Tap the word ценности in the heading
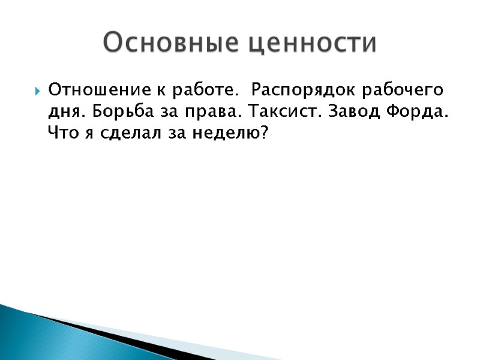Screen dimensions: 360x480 pos(313,44)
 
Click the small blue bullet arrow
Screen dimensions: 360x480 pos(38,92)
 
